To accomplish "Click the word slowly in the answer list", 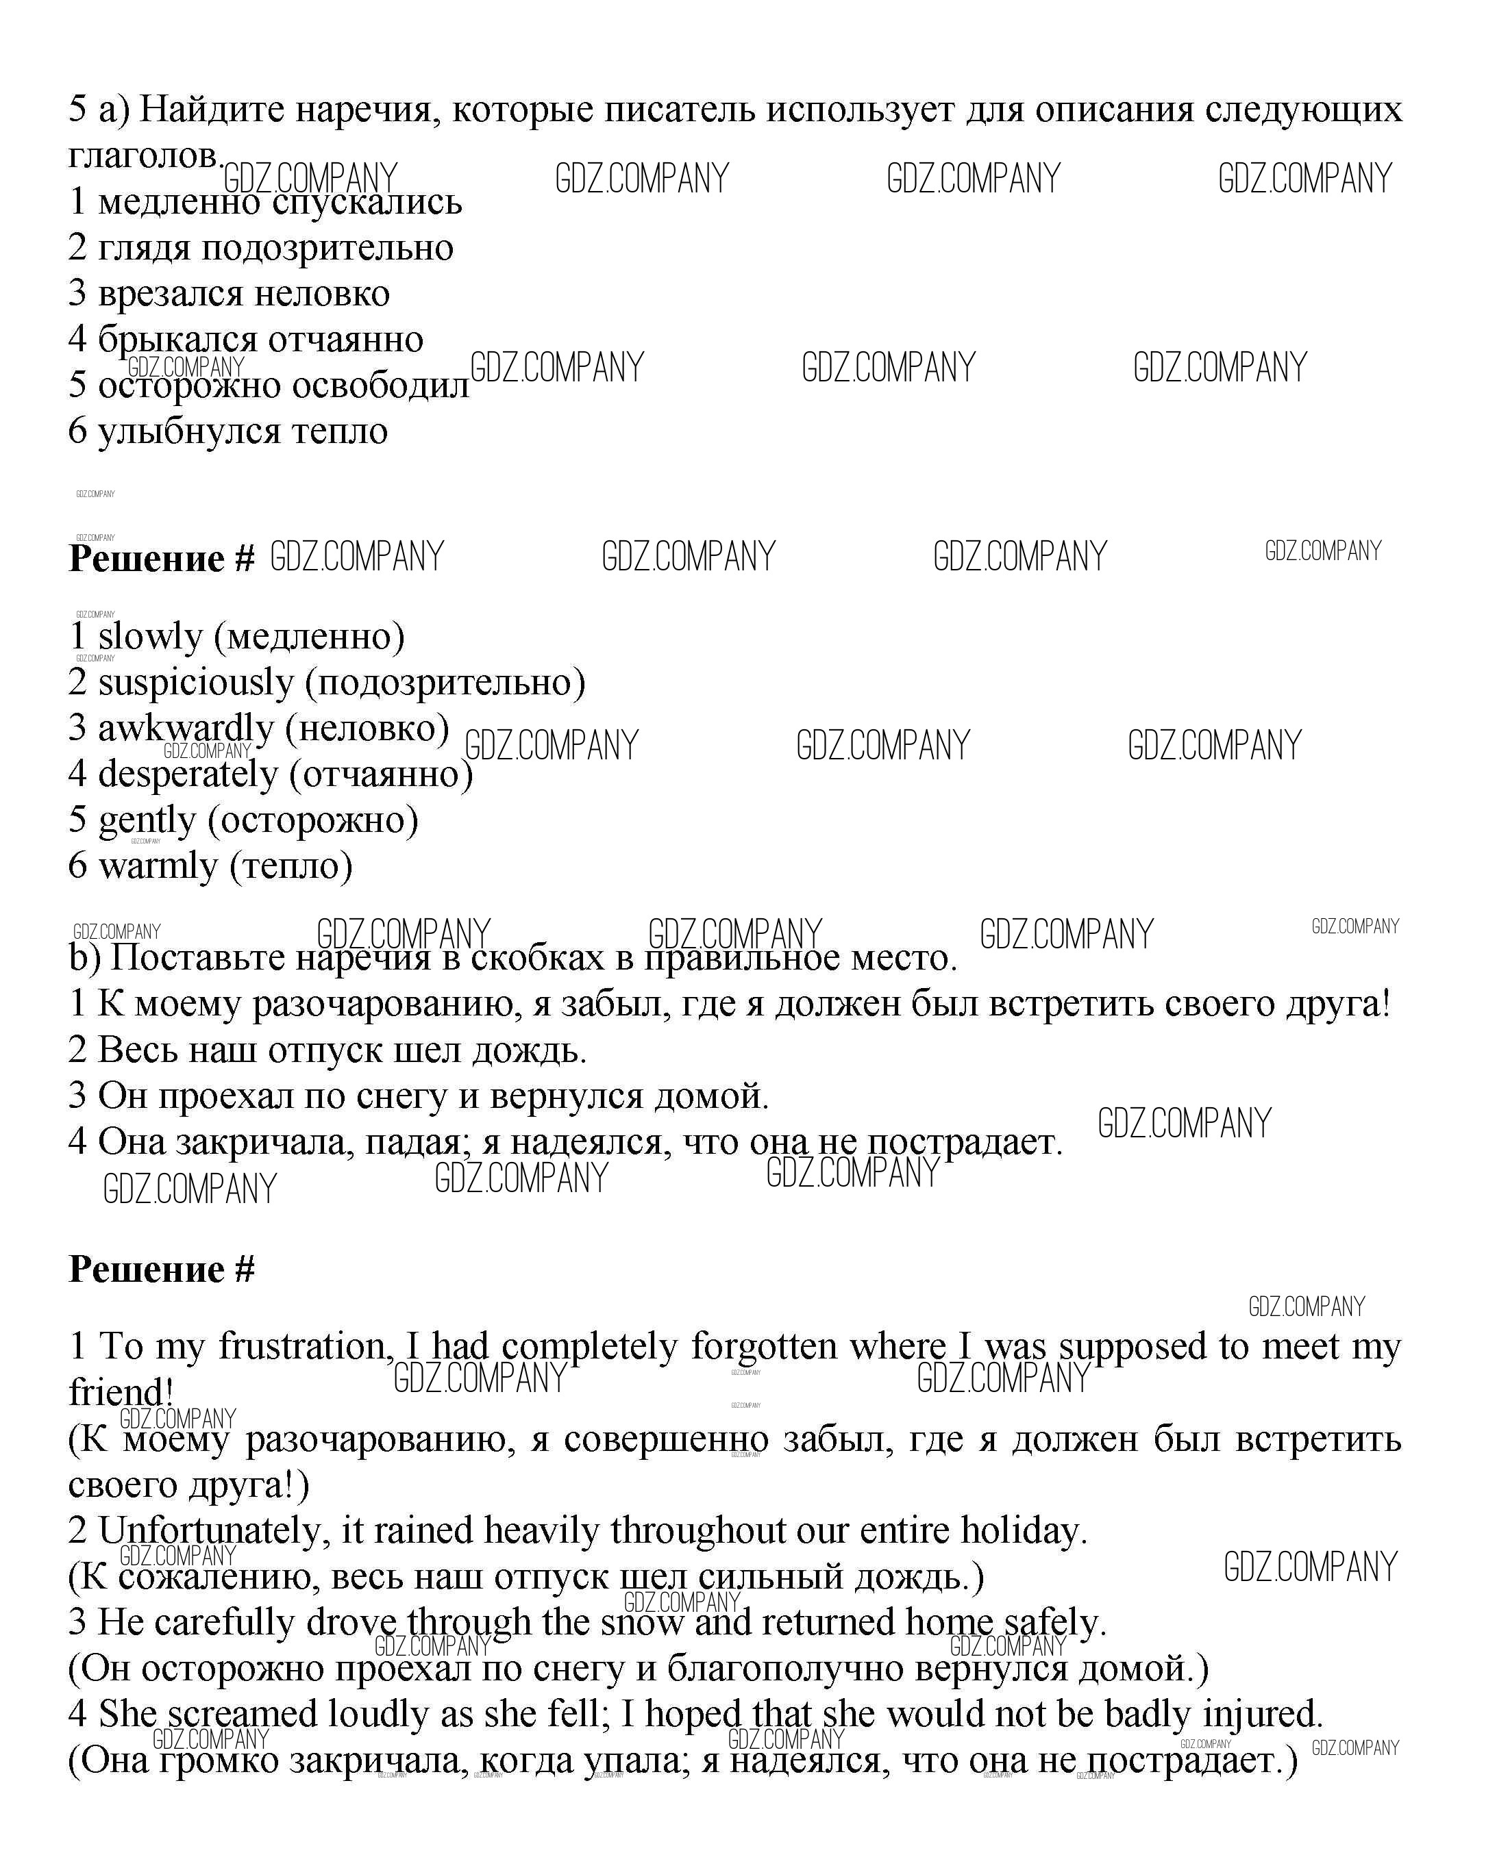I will [149, 637].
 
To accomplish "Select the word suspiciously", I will [195, 683].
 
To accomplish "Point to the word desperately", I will [188, 774].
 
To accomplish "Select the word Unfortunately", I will [214, 1531].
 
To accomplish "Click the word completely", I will [589, 1347].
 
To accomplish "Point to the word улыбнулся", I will [188, 432].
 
